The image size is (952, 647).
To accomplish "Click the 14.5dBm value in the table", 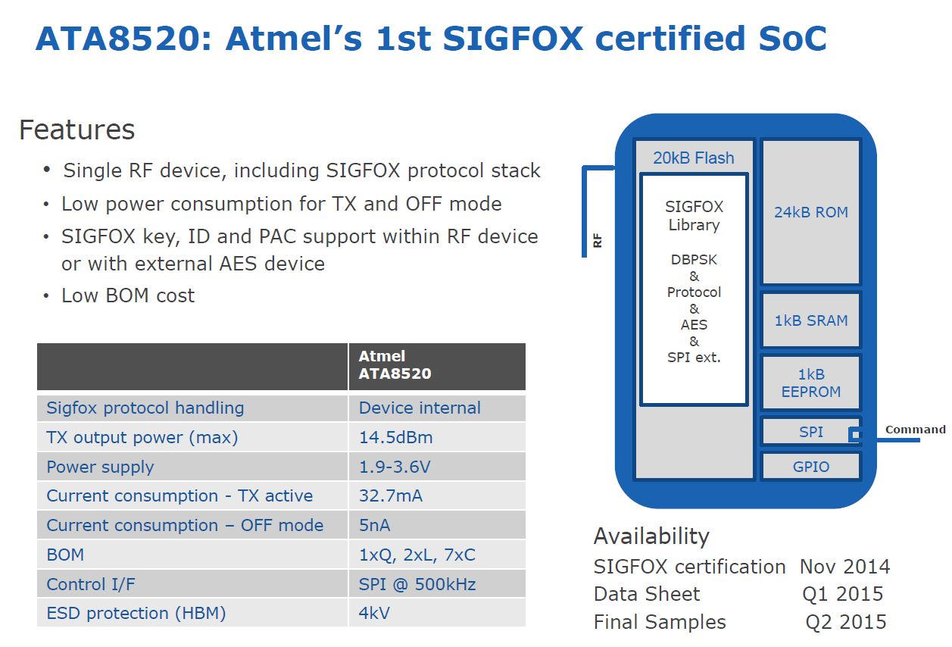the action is tap(395, 437).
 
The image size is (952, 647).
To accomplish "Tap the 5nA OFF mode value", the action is tap(374, 525).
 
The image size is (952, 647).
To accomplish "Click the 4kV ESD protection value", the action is tap(374, 613).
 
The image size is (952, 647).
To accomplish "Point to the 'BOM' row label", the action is tap(65, 555).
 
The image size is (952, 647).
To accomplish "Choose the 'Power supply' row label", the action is tap(100, 467).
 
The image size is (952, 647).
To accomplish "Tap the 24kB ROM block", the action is tap(811, 211).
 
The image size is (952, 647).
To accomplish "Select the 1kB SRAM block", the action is tap(811, 320).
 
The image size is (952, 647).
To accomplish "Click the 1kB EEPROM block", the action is tap(811, 383).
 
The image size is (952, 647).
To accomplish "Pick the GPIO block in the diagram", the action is tap(811, 467).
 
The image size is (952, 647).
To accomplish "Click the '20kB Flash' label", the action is tap(694, 158).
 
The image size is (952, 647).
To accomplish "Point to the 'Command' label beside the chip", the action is tap(916, 430).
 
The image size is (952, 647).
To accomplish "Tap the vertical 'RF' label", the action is tap(598, 240).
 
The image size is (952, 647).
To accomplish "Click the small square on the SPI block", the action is tap(854, 434).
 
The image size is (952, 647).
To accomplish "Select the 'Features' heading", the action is tap(77, 130).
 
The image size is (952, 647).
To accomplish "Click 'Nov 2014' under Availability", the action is tap(845, 566).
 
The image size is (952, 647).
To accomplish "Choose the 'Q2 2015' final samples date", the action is tap(846, 622).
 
